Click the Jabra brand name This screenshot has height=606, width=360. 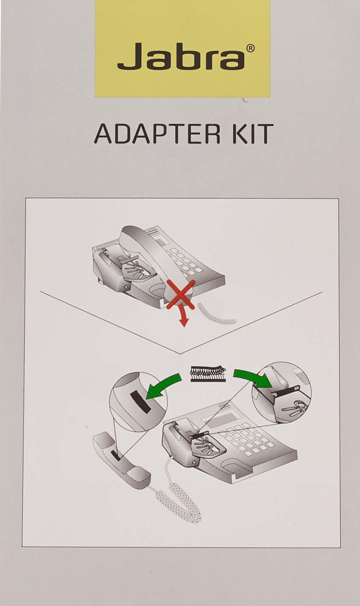coord(181,56)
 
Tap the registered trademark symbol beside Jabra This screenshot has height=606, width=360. coord(250,48)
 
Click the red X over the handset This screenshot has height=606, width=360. coord(180,295)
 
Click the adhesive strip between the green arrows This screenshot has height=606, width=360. coord(208,374)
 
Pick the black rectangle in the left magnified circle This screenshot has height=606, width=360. coord(140,402)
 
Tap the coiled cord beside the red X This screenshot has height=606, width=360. coord(216,314)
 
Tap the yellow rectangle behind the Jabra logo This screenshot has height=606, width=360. coord(182,48)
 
